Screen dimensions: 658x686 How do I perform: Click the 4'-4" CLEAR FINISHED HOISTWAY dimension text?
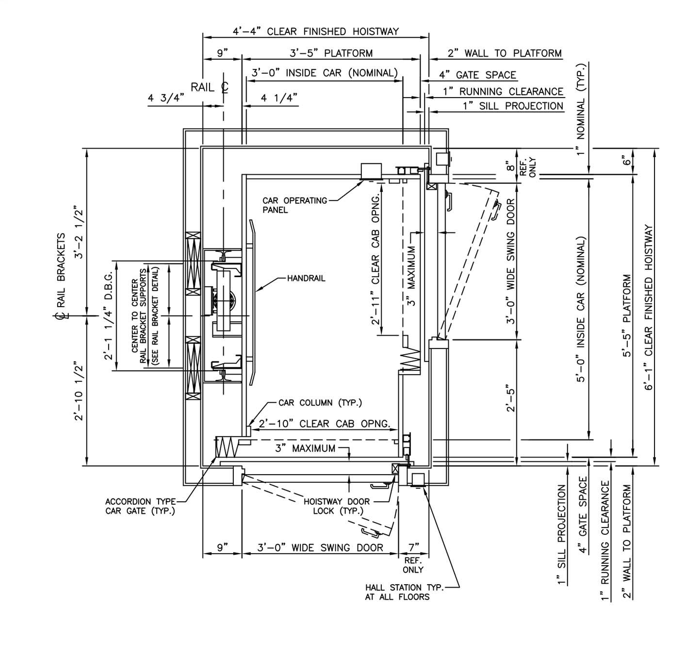[316, 32]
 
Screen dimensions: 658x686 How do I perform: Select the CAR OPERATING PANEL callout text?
[294, 205]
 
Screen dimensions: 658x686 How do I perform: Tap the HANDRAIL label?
[306, 279]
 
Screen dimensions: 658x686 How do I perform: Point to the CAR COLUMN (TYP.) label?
[320, 403]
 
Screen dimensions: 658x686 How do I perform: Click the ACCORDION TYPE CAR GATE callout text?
[141, 506]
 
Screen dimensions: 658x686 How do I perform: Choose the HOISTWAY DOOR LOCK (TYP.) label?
[336, 506]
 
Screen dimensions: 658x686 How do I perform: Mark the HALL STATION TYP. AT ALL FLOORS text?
[404, 592]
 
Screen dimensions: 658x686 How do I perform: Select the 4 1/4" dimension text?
[279, 98]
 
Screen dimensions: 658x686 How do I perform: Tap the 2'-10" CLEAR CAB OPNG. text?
[325, 424]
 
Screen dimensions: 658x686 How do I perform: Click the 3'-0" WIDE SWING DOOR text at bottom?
[320, 548]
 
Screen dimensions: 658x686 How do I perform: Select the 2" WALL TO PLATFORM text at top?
[505, 53]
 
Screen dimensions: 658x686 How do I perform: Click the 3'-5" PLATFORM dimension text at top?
[331, 53]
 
